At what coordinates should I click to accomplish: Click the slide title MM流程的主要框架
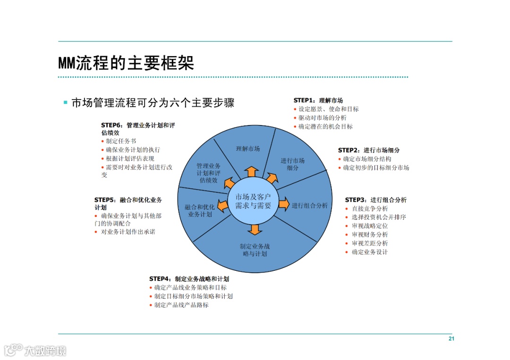coord(126,63)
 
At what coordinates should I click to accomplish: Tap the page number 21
coord(451,339)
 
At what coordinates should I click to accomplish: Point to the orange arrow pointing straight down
coord(255,229)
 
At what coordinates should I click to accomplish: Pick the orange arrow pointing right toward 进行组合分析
coord(283,204)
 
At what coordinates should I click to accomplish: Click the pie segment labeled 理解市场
coord(248,149)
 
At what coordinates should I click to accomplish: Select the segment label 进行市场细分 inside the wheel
coord(293,164)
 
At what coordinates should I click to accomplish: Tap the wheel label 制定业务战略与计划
coord(255,250)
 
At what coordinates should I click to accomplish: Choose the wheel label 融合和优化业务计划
coord(200,210)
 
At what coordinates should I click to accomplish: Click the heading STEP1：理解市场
coord(318,100)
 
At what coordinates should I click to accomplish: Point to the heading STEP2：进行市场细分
coord(369,151)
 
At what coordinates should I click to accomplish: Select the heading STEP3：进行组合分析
coord(376,200)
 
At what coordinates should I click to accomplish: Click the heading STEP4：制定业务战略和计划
coord(189,279)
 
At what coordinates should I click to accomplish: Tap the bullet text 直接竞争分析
coord(370,209)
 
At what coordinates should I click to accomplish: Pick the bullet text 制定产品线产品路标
coord(181,305)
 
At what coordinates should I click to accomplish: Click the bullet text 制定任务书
coord(121,141)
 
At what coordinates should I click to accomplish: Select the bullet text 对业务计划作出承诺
coord(128,232)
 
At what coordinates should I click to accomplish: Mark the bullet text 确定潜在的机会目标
coord(325,126)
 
